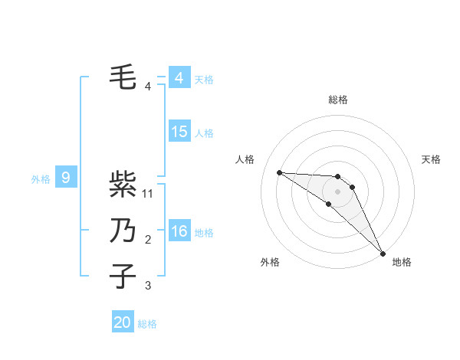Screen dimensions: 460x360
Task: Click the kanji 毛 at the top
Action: (123, 77)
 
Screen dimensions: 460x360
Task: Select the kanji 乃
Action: (123, 231)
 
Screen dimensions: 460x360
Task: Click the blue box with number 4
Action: (179, 78)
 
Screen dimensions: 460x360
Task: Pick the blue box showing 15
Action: (179, 132)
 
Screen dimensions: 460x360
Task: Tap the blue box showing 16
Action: (179, 232)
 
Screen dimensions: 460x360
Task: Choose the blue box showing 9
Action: (66, 178)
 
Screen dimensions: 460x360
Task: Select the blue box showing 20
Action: (123, 322)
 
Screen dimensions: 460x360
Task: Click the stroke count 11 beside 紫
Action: (149, 194)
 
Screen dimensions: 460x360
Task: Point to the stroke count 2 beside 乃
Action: (148, 241)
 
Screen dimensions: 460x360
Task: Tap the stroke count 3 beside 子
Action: (148, 286)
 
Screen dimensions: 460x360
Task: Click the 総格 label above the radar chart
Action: (338, 100)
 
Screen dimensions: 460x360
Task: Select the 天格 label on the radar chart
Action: (432, 159)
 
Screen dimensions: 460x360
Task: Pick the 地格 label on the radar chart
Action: (402, 262)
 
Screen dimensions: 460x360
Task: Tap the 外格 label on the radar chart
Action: (270, 262)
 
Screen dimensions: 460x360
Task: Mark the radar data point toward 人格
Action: (279, 172)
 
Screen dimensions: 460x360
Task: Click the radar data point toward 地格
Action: (382, 252)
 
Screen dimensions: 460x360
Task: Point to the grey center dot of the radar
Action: (338, 191)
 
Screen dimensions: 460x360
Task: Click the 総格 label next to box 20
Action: (147, 324)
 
